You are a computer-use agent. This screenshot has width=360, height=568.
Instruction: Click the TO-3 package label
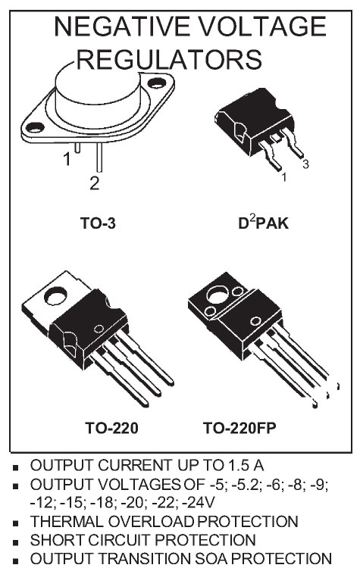coord(98,223)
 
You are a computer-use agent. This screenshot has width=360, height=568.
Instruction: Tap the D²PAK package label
coord(263,223)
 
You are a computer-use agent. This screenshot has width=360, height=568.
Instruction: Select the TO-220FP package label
coord(239,428)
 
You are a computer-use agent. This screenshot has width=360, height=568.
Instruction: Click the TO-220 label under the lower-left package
coord(111,428)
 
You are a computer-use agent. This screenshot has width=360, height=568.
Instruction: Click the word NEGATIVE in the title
coord(121,27)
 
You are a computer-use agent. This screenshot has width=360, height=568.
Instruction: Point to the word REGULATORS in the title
coord(169,60)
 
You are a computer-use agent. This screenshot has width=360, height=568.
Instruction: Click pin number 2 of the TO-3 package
coord(94,184)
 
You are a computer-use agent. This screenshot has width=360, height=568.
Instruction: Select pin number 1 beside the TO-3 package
coord(67,159)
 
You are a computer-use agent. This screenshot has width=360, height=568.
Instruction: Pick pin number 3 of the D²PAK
coord(305,164)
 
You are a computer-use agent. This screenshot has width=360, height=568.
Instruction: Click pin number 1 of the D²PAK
coord(284,177)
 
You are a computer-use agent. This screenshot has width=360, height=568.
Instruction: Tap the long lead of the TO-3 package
coord(99,157)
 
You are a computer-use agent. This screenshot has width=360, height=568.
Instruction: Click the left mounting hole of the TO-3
coord(35,127)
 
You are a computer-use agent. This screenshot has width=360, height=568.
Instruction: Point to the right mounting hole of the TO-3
coord(157,83)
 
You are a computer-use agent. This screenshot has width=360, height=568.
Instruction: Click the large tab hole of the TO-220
coord(55,295)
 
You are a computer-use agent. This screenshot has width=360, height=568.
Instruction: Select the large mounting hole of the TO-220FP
coord(218,294)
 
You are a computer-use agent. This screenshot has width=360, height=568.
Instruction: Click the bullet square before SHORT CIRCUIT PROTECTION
coord(15,543)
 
